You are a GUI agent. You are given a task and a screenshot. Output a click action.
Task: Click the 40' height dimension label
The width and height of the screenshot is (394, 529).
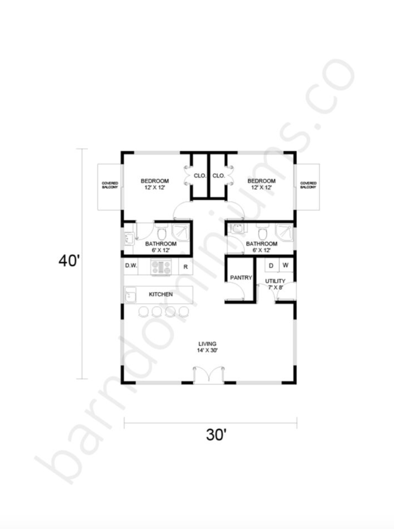(69, 261)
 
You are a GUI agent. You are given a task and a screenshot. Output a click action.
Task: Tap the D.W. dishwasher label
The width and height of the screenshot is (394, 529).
(131, 265)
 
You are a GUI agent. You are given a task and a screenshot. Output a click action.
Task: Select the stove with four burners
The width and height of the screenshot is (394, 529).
(161, 267)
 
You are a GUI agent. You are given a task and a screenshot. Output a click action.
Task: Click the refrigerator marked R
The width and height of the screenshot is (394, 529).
(185, 267)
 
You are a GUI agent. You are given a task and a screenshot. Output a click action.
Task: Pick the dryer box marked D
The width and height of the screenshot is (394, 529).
(271, 265)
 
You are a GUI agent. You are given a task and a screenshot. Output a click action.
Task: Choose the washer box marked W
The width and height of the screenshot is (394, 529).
(286, 265)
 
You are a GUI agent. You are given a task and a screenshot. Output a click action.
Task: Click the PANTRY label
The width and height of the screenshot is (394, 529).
(241, 278)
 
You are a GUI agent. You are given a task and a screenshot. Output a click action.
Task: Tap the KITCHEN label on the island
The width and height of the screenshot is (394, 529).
(161, 294)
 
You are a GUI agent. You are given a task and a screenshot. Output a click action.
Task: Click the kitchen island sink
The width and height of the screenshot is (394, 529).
(130, 295)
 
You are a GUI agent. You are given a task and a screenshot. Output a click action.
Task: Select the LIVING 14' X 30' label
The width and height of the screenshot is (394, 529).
(207, 347)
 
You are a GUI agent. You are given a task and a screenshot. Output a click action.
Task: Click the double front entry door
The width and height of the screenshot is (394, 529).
(209, 375)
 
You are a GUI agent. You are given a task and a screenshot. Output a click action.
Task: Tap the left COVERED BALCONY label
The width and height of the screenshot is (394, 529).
(110, 185)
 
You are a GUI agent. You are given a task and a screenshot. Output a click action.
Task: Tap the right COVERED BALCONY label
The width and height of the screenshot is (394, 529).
(308, 185)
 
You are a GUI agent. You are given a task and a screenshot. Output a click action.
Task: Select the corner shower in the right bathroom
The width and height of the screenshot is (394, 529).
(284, 232)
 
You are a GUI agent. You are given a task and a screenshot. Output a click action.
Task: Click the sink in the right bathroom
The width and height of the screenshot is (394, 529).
(237, 228)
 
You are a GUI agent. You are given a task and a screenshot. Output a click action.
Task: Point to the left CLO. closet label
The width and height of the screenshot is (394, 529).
(200, 176)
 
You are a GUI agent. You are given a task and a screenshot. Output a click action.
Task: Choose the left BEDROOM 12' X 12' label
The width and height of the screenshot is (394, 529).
(155, 184)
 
